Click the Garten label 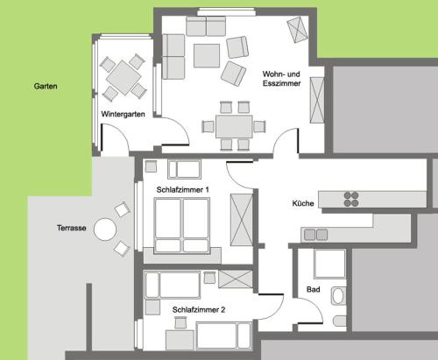pyautogui.click(x=46, y=86)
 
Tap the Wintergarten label pyautogui.click(x=123, y=114)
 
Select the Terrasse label pyautogui.click(x=72, y=228)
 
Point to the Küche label pyautogui.click(x=303, y=203)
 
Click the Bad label pyautogui.click(x=314, y=289)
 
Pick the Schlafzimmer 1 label pyautogui.click(x=183, y=190)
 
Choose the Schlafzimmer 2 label pyautogui.click(x=199, y=310)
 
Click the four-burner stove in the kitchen pyautogui.click(x=351, y=199)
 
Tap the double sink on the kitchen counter pyautogui.click(x=315, y=235)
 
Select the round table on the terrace pyautogui.click(x=105, y=229)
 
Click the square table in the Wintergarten pyautogui.click(x=124, y=78)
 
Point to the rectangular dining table pyautogui.click(x=234, y=127)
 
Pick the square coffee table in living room pyautogui.click(x=207, y=55)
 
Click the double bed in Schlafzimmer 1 pyautogui.click(x=182, y=225)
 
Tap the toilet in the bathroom pyautogui.click(x=340, y=321)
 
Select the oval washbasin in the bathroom pyautogui.click(x=338, y=296)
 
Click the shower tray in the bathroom pyautogui.click(x=329, y=264)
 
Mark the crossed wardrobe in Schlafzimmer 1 pyautogui.click(x=242, y=220)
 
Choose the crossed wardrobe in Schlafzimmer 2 pyautogui.click(x=236, y=279)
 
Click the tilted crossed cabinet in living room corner pyautogui.click(x=298, y=30)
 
